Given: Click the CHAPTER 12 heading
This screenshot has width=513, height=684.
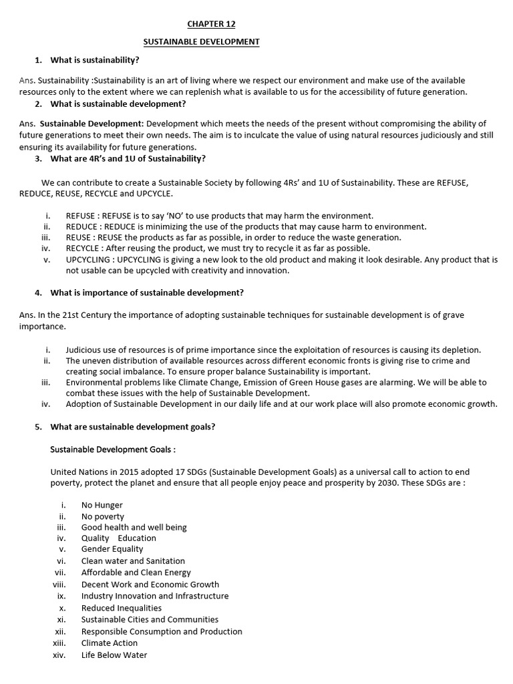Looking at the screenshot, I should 211,24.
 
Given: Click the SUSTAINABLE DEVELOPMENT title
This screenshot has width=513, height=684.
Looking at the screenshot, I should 202,42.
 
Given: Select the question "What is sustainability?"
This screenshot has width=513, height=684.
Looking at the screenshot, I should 95,60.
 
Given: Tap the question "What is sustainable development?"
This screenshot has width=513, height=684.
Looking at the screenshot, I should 118,104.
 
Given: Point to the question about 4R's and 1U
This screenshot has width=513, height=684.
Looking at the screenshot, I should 128,158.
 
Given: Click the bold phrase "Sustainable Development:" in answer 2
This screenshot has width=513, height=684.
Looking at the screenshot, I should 92,124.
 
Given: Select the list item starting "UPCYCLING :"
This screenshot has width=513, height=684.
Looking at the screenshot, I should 281,259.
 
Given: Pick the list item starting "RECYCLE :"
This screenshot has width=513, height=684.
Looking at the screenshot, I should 217,248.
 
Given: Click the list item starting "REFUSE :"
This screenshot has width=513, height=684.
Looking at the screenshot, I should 219,216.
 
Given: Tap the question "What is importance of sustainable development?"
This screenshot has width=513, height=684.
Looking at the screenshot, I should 147,293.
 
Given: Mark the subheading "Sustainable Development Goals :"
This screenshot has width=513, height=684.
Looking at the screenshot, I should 114,450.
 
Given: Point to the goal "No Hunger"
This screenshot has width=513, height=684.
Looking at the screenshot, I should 102,505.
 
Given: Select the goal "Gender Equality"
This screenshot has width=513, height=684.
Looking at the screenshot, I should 112,549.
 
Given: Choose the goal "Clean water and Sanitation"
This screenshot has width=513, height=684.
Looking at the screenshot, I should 133,561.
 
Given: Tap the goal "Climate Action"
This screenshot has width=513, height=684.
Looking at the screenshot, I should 110,643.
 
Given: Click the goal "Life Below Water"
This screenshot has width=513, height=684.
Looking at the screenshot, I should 114,655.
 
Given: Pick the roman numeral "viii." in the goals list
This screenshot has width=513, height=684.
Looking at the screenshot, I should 59,584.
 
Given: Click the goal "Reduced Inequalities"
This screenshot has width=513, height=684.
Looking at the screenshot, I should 122,608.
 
